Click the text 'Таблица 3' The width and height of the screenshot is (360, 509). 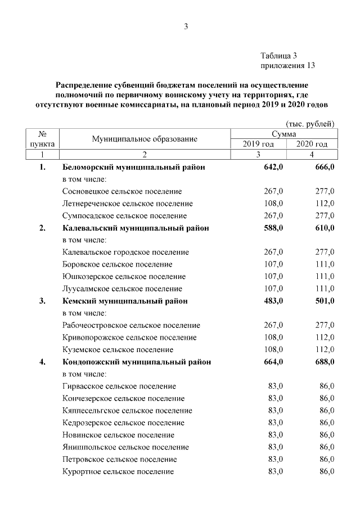tap(278, 55)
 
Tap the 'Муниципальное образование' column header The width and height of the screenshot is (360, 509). tap(145, 139)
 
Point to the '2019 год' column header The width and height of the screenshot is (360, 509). tap(258, 144)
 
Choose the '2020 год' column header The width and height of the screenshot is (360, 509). tap(312, 144)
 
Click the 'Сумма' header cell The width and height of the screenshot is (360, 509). tap(285, 134)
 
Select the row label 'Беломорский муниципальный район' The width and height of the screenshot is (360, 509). tap(134, 168)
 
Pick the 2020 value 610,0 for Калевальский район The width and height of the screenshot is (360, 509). tap(325, 228)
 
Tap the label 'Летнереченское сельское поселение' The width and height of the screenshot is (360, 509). tap(128, 204)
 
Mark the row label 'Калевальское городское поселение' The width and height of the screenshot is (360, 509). tap(126, 252)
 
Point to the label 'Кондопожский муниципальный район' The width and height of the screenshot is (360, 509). tap(137, 362)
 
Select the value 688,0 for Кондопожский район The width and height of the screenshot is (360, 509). tap(325, 362)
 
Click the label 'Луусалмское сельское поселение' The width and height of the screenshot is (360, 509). tap(123, 289)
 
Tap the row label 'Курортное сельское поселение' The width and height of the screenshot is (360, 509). tap(118, 471)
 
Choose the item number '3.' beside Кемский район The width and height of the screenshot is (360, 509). tap(42, 301)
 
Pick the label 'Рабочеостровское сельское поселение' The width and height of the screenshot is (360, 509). tap(132, 325)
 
